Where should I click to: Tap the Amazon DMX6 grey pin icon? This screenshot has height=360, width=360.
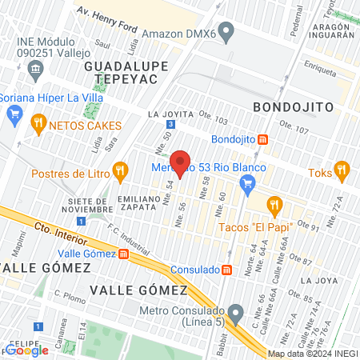(x=226, y=34)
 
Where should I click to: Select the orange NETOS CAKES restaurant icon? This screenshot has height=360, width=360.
(x=37, y=125)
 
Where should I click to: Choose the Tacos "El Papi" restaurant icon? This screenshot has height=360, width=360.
(x=274, y=205)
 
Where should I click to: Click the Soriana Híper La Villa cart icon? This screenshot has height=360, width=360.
(x=14, y=113)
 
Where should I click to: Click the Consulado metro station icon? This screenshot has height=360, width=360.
(x=227, y=269)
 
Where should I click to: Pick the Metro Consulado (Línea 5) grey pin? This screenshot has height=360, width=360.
(x=235, y=311)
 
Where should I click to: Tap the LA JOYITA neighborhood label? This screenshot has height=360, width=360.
(x=171, y=114)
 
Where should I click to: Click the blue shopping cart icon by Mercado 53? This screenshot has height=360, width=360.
(x=248, y=186)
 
